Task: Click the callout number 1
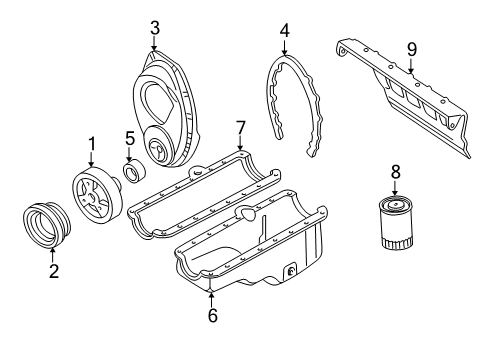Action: point(92,144)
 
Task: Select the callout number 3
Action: point(154,29)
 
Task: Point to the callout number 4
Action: point(284,29)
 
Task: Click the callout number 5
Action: point(130,137)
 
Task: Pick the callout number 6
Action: point(212,315)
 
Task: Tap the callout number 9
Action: point(410,47)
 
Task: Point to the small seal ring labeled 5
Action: point(130,176)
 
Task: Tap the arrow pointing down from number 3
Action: point(154,45)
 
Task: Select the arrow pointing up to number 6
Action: point(212,296)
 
